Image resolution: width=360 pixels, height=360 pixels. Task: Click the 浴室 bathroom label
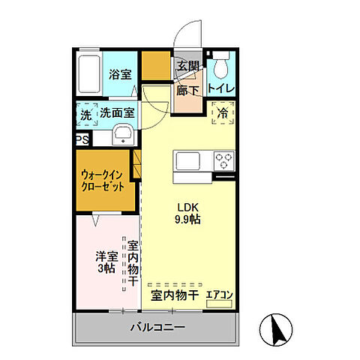tap(119, 74)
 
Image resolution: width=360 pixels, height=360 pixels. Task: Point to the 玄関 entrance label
tap(187, 66)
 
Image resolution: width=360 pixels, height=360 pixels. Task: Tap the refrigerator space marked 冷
tap(223, 113)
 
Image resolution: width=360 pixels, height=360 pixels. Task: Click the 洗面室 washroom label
tap(118, 114)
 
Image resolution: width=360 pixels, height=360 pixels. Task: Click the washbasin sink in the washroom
tap(122, 136)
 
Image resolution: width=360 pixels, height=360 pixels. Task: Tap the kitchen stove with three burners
tap(223, 160)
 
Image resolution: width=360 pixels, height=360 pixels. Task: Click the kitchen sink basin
tap(186, 160)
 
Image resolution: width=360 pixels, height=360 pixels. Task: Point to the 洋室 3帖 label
tap(105, 262)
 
